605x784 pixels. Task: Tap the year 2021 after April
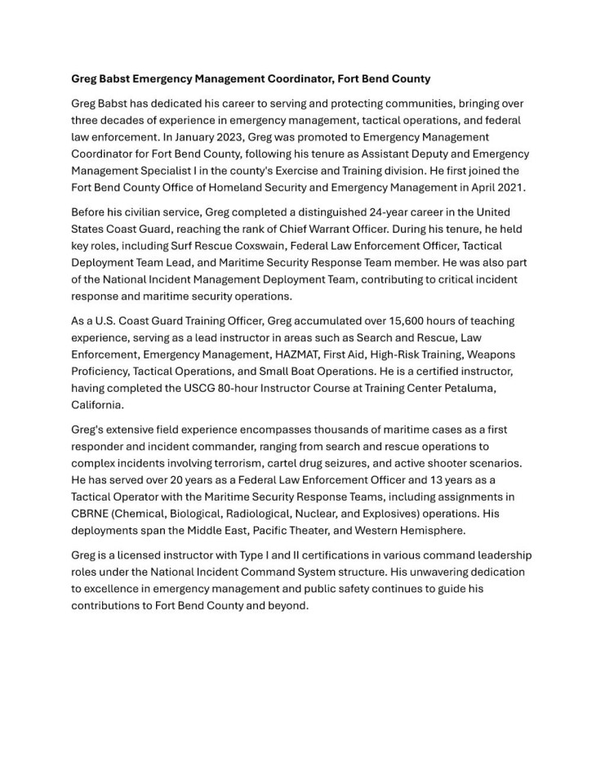509,187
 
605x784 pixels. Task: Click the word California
97,404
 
